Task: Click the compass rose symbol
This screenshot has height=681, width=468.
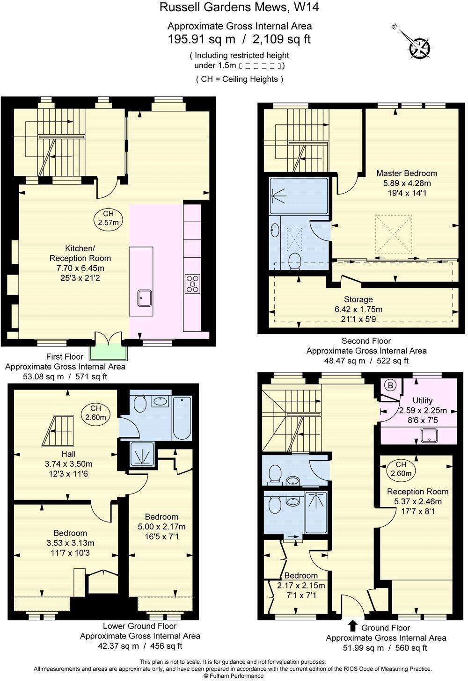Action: pyautogui.click(x=420, y=48)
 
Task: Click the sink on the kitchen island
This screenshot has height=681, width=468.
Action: pyautogui.click(x=144, y=297)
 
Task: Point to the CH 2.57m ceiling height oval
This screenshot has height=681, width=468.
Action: pyautogui.click(x=108, y=218)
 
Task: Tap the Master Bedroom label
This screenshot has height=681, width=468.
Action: pyautogui.click(x=407, y=173)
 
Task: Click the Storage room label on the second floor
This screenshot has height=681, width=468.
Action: pyautogui.click(x=358, y=299)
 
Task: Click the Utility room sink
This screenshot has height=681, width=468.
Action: pyautogui.click(x=429, y=436)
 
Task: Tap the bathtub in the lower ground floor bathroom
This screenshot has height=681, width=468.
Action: pyautogui.click(x=182, y=418)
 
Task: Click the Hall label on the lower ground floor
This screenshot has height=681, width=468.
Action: pyautogui.click(x=68, y=454)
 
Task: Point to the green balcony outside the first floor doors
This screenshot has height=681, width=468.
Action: pyautogui.click(x=108, y=352)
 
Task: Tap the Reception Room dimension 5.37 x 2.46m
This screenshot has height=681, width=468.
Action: pyautogui.click(x=417, y=501)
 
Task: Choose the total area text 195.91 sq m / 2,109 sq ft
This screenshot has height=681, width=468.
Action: pyautogui.click(x=239, y=39)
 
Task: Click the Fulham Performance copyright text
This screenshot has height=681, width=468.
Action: pyautogui.click(x=233, y=676)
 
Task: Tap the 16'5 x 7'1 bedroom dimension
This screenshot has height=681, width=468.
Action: pyautogui.click(x=161, y=536)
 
